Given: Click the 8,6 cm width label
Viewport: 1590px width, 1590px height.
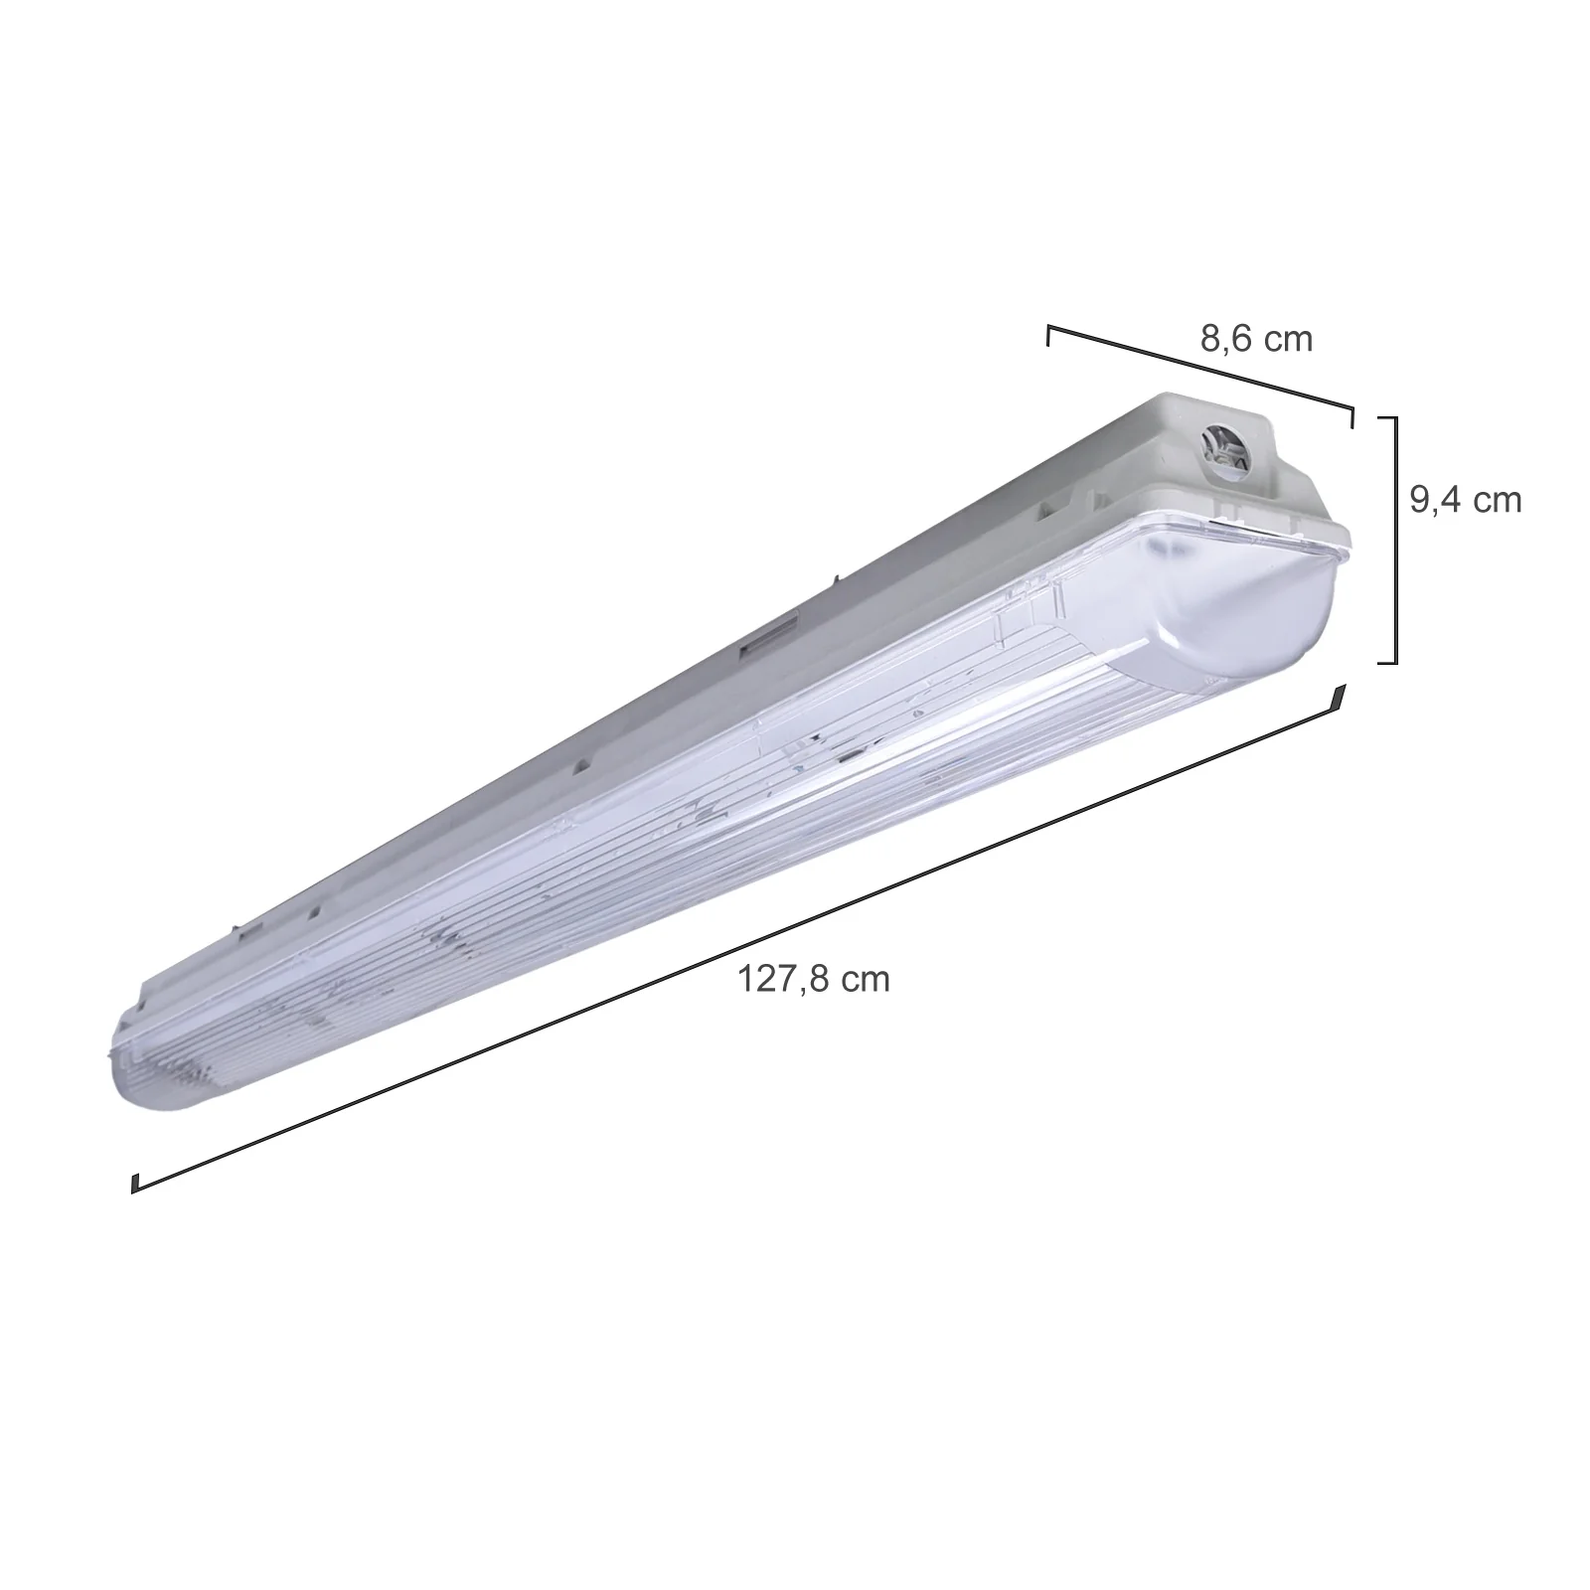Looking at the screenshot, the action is click(1256, 340).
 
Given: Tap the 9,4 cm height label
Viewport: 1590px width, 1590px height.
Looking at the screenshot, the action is click(1466, 500).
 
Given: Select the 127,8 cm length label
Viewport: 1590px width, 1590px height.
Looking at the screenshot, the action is click(814, 980).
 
